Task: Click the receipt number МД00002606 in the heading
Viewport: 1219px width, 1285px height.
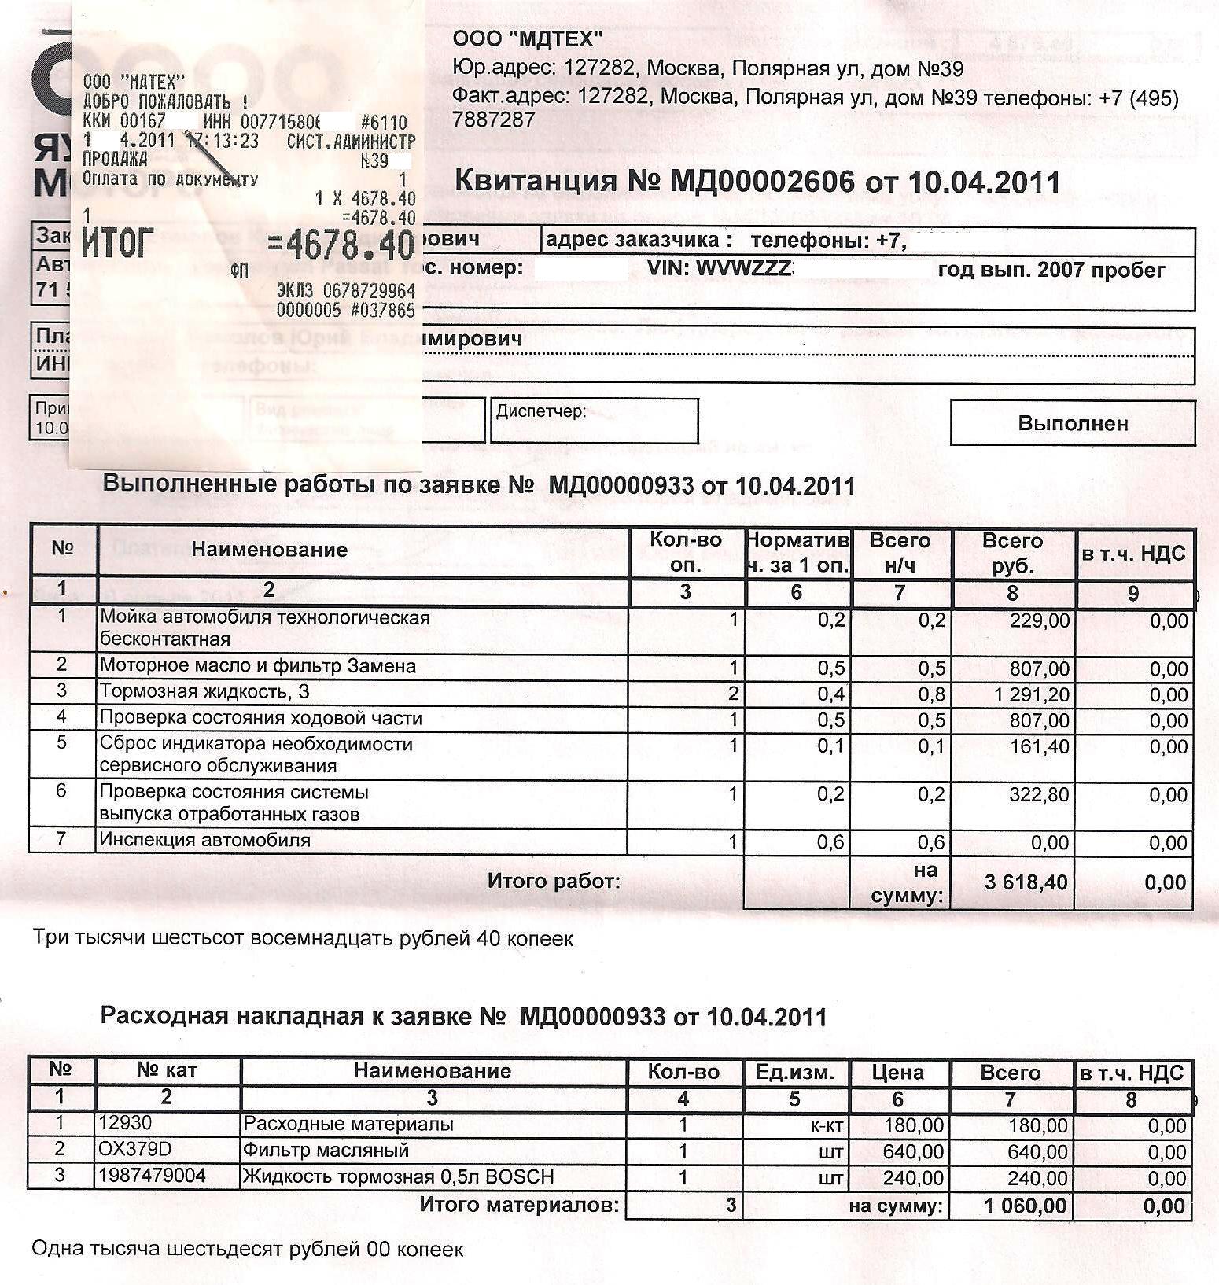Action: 761,182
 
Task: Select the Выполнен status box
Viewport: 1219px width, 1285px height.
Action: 1073,423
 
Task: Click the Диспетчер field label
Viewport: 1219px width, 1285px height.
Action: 540,411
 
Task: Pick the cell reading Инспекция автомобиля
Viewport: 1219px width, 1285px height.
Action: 205,840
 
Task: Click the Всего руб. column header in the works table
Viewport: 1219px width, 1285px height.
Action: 1012,553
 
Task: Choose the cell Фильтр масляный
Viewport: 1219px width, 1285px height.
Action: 326,1151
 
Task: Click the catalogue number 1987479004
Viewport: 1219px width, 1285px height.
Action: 152,1176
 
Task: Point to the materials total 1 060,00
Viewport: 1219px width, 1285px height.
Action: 1025,1206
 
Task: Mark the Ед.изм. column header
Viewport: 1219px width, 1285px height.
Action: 794,1072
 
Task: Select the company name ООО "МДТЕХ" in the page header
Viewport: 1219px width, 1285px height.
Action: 528,38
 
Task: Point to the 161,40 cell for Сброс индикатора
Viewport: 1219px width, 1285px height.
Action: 1039,746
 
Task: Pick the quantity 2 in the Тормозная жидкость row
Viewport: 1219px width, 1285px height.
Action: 733,694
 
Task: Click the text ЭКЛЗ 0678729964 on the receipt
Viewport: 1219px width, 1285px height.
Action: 345,291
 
